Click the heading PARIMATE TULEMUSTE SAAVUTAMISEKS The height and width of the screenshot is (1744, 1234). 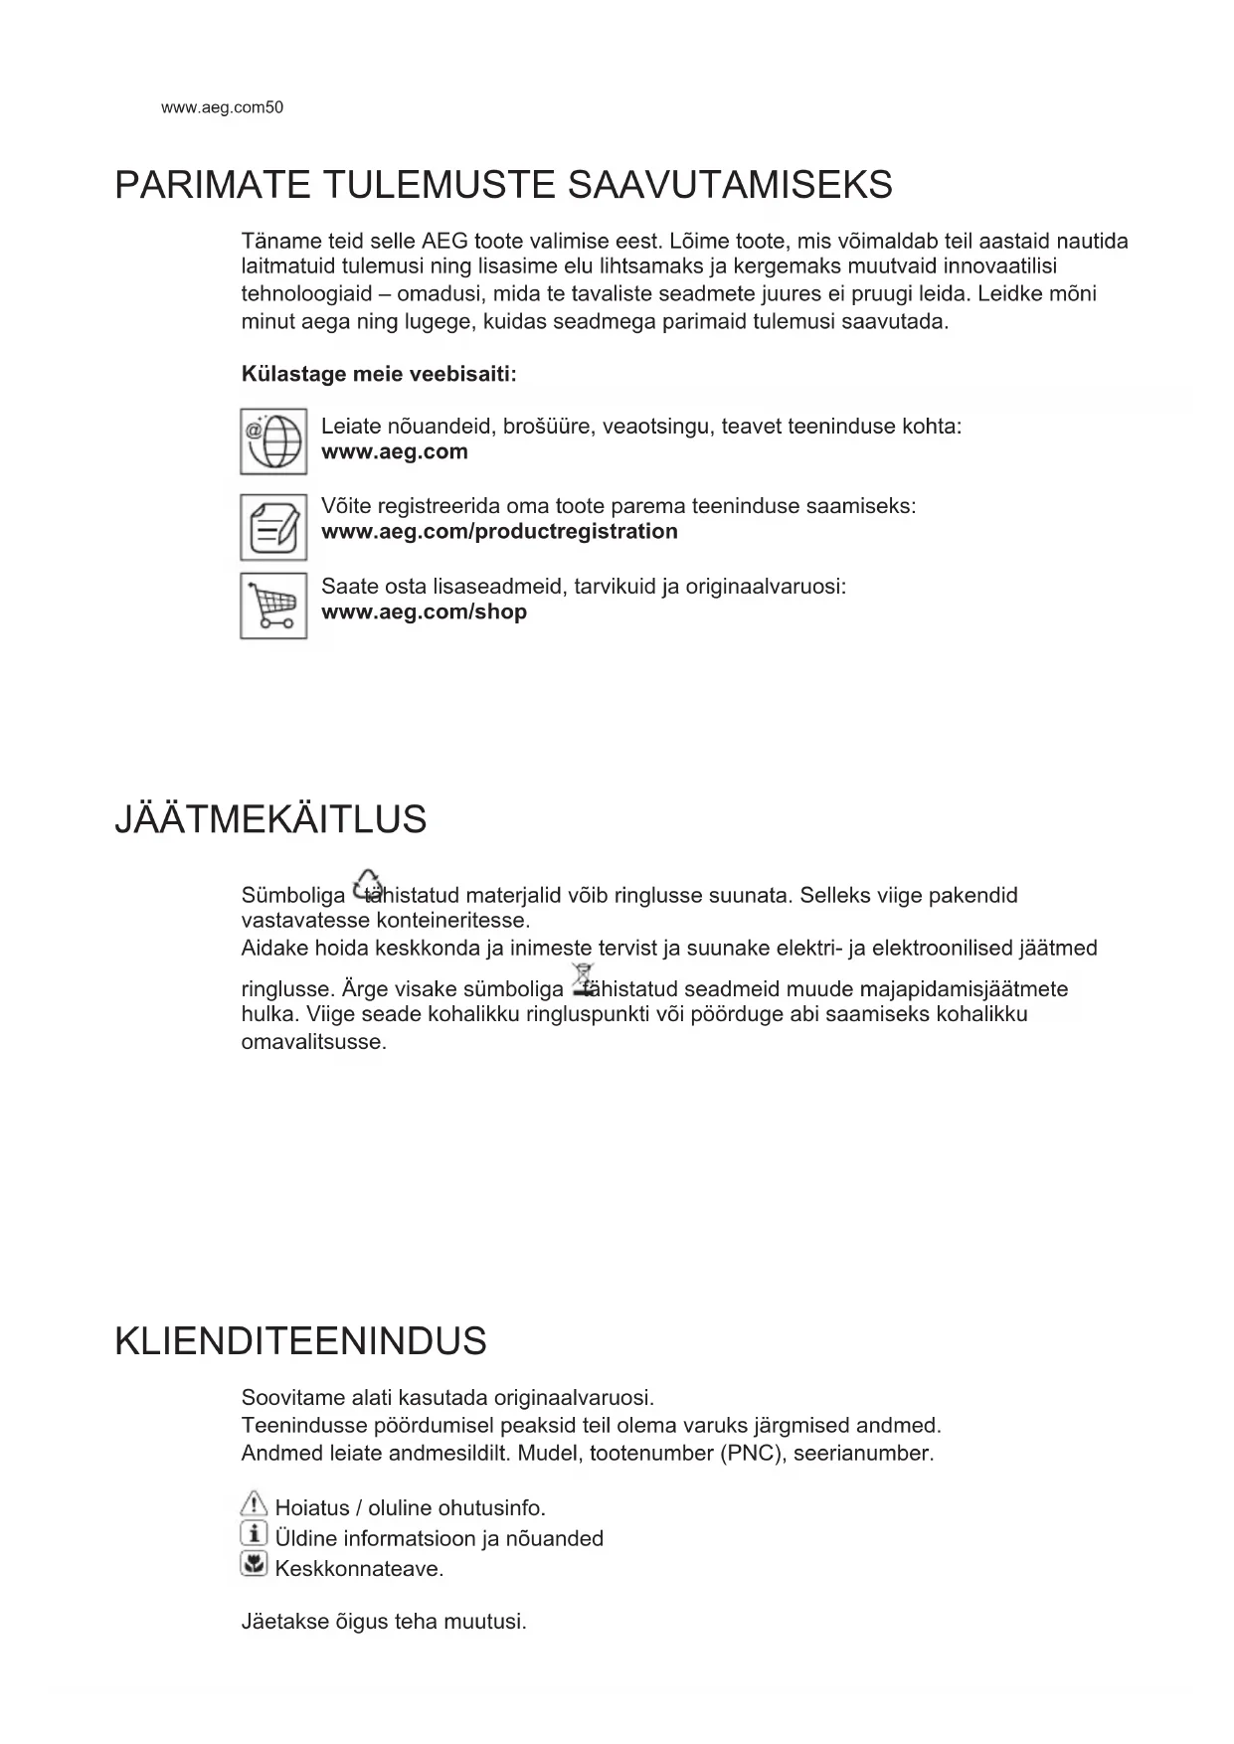coord(503,186)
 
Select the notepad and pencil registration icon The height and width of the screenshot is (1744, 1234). coord(273,527)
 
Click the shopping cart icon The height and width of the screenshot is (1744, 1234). coord(273,606)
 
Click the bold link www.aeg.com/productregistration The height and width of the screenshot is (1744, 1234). coord(499,531)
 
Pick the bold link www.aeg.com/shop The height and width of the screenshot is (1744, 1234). coord(424,611)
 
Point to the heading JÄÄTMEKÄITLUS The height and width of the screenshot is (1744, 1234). coord(270,820)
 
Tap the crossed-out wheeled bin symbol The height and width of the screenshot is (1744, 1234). coord(583,979)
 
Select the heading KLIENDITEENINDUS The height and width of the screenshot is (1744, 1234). coord(300,1341)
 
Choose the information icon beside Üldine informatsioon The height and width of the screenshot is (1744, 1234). coord(255,1534)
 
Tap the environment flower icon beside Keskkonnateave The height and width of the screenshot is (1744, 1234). coord(255,1565)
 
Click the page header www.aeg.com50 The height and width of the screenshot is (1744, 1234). coord(222,108)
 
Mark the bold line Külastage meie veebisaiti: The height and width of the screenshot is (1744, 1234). coord(379,375)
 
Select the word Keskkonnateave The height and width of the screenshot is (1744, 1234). coord(358,1569)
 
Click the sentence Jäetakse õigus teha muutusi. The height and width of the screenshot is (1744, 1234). coord(384,1622)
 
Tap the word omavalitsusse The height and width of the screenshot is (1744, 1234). coord(313,1042)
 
